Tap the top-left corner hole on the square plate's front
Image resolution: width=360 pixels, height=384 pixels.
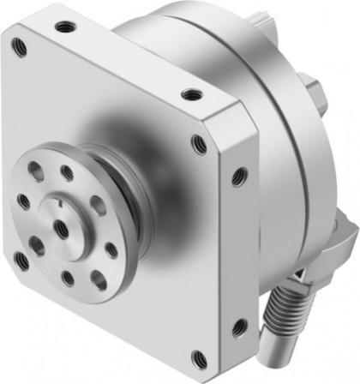20,48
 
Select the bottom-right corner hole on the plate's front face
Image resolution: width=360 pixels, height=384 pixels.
199,356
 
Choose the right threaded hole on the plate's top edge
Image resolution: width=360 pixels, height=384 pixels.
192,93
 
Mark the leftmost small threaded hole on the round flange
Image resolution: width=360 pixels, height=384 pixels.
24,203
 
